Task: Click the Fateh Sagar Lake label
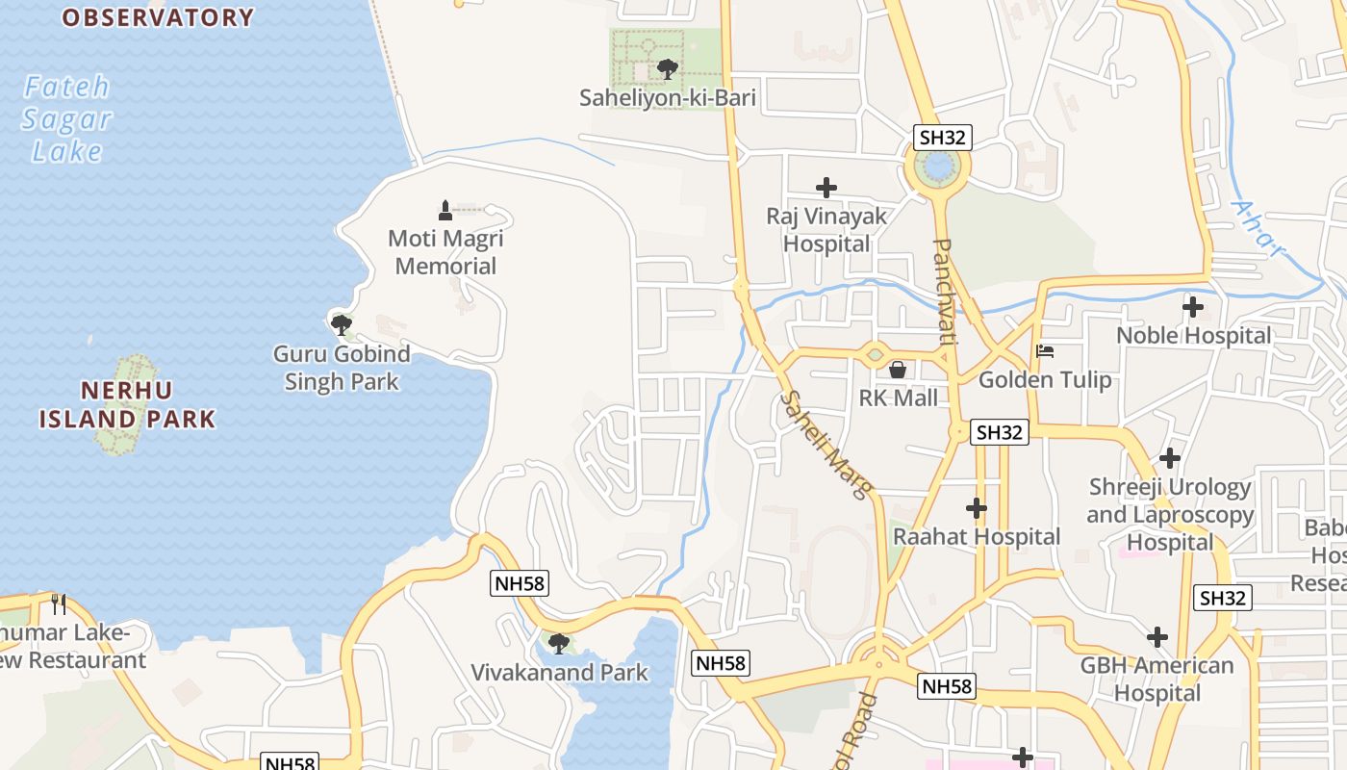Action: (x=66, y=118)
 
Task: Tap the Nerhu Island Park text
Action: (x=127, y=404)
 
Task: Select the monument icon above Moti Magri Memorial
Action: (x=445, y=210)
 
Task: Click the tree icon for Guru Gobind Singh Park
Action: (x=341, y=324)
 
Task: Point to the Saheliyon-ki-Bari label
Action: (x=667, y=98)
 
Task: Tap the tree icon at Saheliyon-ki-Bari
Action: (x=666, y=69)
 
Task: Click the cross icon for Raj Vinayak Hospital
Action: (x=826, y=188)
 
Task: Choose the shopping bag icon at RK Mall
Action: (x=898, y=370)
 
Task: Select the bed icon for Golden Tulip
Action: (x=1045, y=351)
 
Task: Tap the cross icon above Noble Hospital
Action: (x=1193, y=308)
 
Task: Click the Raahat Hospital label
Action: (x=976, y=536)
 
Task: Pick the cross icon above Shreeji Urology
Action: (x=1170, y=458)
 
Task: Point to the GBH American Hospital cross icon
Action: (x=1157, y=637)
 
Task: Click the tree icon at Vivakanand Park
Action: (x=558, y=643)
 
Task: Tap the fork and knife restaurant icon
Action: (x=60, y=604)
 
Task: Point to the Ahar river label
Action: (x=1258, y=229)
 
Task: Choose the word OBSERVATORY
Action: (x=158, y=17)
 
